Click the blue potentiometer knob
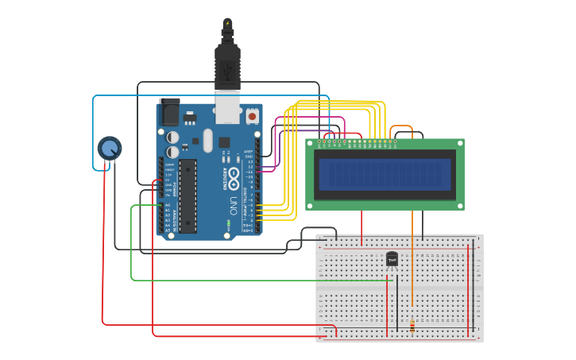click(x=110, y=148)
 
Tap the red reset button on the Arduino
click(x=252, y=116)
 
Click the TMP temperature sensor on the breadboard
click(x=392, y=259)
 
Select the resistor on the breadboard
click(x=412, y=326)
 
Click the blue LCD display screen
click(x=385, y=174)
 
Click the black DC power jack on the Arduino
click(x=169, y=111)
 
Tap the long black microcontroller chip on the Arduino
click(x=187, y=195)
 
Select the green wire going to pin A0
click(x=132, y=246)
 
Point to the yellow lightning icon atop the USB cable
click(x=228, y=23)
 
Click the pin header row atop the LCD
click(x=358, y=142)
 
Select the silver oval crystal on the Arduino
click(x=208, y=141)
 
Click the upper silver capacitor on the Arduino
click(x=172, y=137)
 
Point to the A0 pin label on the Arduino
click(x=167, y=206)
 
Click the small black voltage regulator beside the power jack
click(x=190, y=119)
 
